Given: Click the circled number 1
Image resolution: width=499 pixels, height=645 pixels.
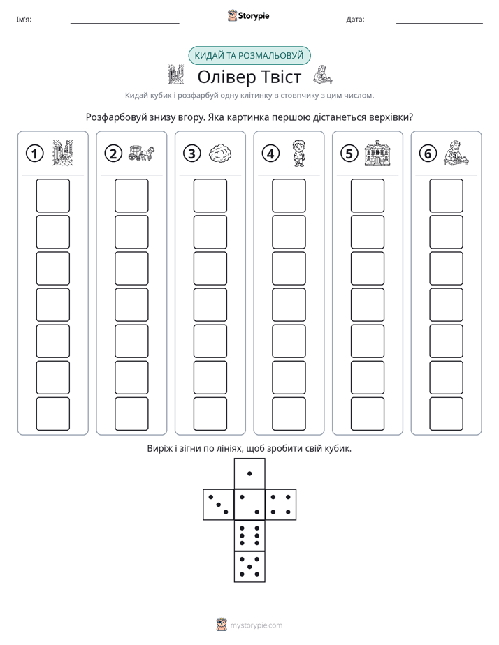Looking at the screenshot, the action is coord(34,154).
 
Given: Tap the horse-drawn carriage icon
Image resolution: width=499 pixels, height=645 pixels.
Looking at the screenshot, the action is coord(141,153).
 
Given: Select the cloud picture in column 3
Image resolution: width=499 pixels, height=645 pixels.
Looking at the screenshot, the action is coord(220,154).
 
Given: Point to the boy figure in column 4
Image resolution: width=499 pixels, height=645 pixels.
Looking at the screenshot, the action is coord(299,153).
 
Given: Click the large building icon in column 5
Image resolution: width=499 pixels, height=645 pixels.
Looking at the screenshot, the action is coord(377,154).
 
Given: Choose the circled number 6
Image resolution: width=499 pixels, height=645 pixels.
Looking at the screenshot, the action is coord(428,154).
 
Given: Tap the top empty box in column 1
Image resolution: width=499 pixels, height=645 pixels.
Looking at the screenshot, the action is coord(52,195).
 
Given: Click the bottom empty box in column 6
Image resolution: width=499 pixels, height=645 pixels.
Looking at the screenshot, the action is coord(447,414).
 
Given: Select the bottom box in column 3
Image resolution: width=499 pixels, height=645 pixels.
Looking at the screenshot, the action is coord(210,414).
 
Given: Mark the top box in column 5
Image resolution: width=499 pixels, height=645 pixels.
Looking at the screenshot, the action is coord(368,195).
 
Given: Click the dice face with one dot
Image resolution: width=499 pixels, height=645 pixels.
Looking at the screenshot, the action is coord(249,473).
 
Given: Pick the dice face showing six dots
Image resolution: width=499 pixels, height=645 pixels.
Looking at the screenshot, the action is coord(249,535).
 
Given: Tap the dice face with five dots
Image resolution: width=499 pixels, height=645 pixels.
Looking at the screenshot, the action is coord(249,567).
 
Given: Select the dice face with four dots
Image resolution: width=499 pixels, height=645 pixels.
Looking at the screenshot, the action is coord(281,505).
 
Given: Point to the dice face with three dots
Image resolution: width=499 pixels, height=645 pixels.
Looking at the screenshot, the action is coord(218,505).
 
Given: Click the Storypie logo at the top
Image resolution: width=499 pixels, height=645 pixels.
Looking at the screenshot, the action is coord(248,15).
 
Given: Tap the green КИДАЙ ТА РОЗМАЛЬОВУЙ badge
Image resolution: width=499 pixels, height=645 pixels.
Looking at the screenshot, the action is coord(249,56).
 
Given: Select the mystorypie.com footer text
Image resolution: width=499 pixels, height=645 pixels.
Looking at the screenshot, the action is coord(256,625).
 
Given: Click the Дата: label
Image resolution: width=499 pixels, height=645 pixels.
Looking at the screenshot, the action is coord(355,20).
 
